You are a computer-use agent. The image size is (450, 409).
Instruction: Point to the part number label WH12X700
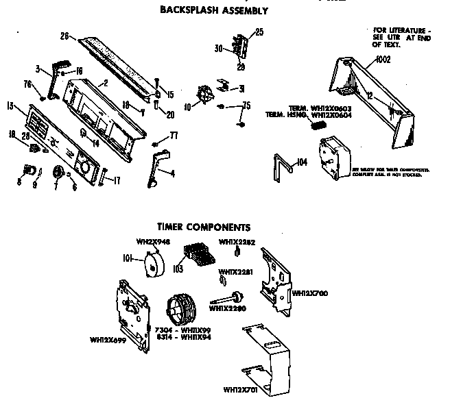(x=309, y=293)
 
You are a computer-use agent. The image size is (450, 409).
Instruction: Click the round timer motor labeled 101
(x=155, y=263)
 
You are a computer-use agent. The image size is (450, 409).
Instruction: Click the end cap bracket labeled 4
(x=156, y=169)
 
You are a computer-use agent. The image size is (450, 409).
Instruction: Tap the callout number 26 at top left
(x=64, y=36)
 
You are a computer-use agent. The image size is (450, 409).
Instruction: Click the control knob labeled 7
(x=58, y=171)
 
